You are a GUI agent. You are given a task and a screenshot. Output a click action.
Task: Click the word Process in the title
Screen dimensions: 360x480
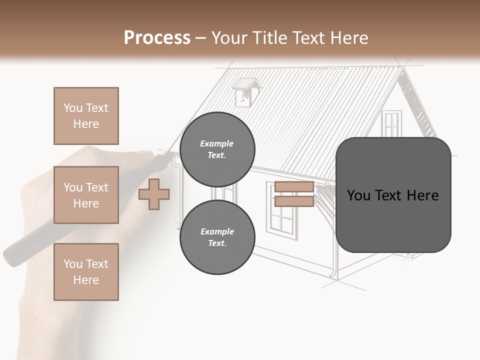[157, 38]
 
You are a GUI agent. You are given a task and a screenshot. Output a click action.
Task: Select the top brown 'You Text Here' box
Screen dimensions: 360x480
[86, 116]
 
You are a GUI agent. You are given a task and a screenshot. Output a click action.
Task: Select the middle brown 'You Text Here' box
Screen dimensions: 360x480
[86, 195]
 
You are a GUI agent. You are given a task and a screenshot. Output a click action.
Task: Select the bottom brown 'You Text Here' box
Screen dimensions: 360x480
[86, 271]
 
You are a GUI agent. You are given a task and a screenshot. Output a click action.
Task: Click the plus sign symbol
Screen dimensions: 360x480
[154, 194]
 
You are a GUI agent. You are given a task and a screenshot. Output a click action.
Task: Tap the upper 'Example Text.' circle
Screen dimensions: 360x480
[217, 149]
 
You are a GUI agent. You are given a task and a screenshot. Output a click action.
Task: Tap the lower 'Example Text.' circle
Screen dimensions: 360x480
[217, 237]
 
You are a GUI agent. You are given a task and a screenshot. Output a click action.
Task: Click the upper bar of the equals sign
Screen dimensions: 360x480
[294, 187]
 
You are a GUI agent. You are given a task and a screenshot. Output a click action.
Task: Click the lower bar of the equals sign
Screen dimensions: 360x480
[294, 201]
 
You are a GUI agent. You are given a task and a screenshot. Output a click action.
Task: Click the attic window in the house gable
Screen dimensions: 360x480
[391, 124]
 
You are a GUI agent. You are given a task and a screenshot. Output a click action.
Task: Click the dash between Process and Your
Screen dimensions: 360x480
[201, 38]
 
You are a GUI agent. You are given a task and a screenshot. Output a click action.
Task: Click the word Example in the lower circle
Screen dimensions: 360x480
[217, 231]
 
